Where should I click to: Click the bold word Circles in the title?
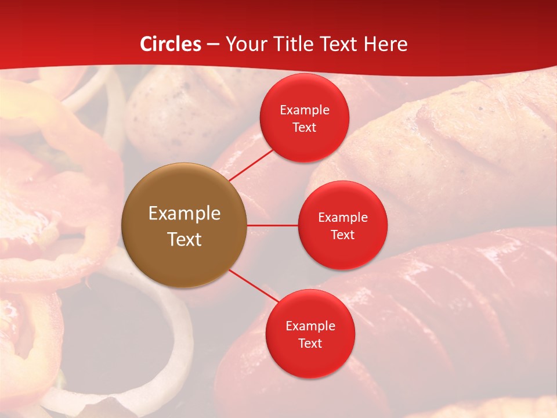[171, 44]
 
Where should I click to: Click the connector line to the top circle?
[251, 165]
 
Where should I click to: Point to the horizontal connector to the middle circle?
[273, 225]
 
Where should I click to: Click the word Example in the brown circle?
[185, 214]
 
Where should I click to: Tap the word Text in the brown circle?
[185, 239]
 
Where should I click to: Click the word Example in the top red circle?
[305, 110]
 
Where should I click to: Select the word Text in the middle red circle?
[342, 235]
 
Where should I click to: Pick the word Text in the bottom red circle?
[310, 343]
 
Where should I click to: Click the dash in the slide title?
[213, 44]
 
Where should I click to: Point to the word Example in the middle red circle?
[342, 217]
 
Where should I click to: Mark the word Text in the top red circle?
[305, 127]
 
